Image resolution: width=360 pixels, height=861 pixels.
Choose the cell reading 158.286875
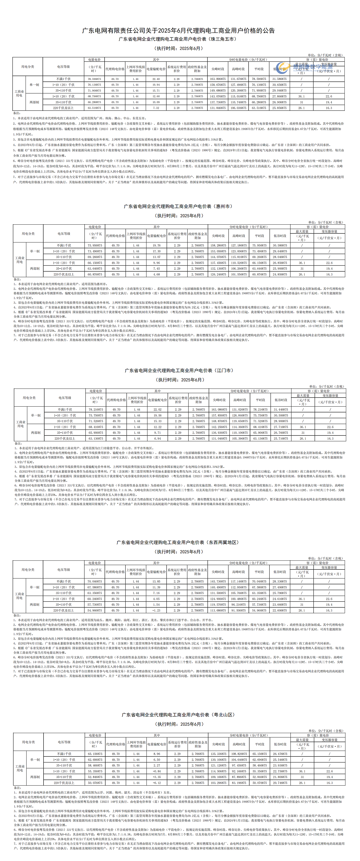(x=218, y=246)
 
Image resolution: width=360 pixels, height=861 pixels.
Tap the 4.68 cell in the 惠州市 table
(x=156, y=275)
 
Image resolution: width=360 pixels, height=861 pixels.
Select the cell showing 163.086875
(x=219, y=409)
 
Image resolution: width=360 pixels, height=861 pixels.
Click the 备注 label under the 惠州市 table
(x=17, y=279)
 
